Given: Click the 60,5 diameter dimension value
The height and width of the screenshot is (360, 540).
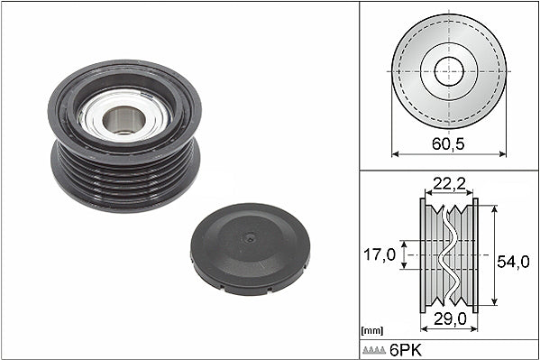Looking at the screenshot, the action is (x=448, y=143).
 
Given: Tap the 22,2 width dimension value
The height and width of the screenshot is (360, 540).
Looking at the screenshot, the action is (x=449, y=183).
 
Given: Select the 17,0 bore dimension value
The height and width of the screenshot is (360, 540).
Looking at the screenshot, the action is (x=380, y=254).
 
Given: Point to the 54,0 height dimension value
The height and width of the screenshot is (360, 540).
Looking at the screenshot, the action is (x=513, y=262).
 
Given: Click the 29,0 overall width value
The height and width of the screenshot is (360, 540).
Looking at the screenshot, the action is (x=450, y=318).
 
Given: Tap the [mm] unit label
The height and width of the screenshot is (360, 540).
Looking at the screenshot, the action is (x=372, y=331).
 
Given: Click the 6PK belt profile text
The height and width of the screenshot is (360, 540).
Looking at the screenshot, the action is (x=406, y=350).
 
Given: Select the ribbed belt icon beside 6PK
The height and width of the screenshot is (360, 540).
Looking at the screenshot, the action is (x=374, y=350).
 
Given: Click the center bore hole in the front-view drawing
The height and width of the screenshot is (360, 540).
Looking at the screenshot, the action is (x=449, y=71).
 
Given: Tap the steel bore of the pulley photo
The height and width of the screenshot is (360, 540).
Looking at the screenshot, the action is (x=124, y=120).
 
